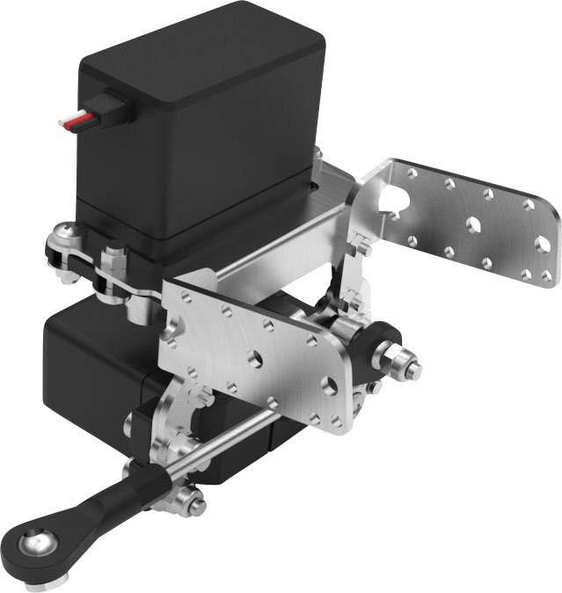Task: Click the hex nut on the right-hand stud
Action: [400, 359]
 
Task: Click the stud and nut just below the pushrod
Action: [186, 502]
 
